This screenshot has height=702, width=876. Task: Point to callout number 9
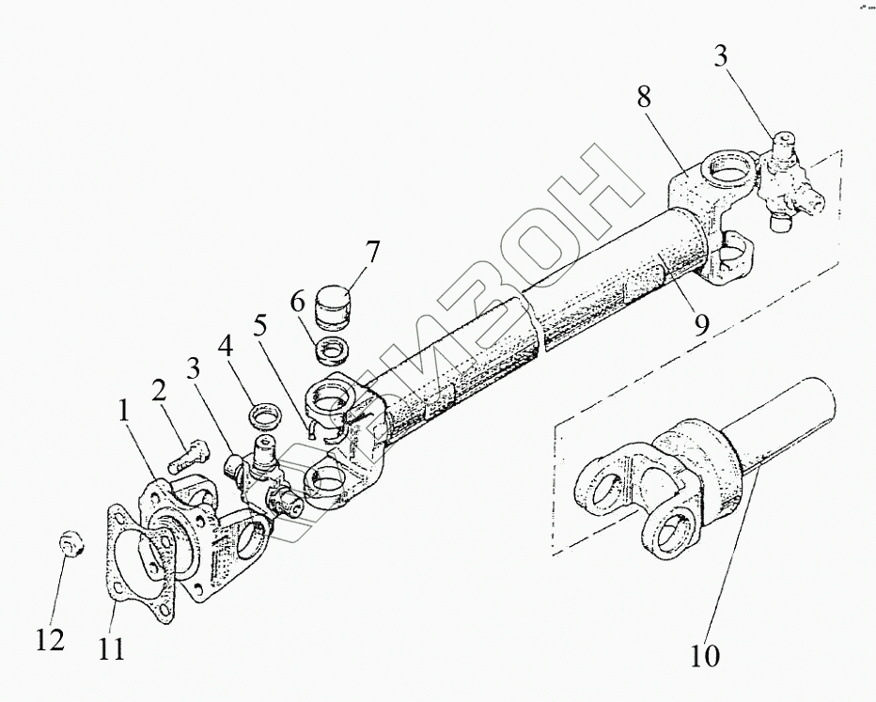tap(702, 324)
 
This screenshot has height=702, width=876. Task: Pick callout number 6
tap(297, 304)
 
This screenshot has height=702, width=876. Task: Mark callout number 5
tap(260, 326)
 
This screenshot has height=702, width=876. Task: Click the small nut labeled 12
tap(71, 542)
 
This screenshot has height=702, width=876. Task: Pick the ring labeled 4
tap(262, 414)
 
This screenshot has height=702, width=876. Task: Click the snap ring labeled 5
tap(319, 430)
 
